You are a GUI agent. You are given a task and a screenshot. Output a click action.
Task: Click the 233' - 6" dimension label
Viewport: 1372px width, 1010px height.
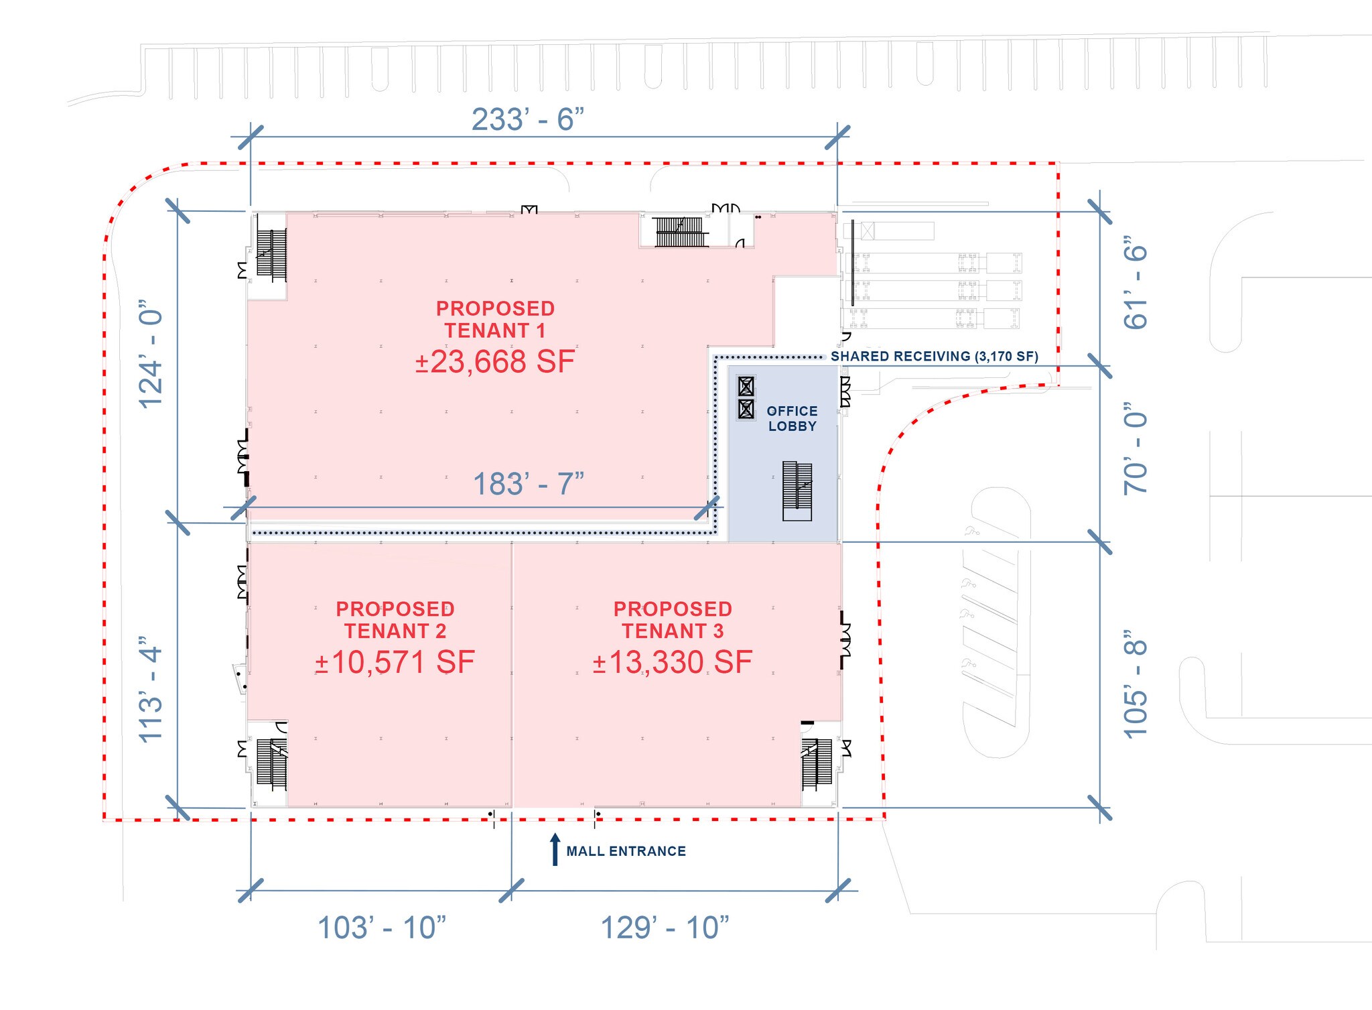point(527,120)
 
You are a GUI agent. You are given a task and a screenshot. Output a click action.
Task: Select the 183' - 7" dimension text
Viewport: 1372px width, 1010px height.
point(529,484)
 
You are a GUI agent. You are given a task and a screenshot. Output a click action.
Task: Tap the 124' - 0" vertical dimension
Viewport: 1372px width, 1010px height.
point(151,359)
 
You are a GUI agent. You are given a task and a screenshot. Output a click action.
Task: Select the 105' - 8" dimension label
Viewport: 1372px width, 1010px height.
point(1136,684)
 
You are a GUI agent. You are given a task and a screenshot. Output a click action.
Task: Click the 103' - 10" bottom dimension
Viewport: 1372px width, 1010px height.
point(381,928)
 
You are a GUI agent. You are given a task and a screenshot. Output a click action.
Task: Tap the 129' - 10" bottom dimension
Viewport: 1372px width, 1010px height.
point(665,928)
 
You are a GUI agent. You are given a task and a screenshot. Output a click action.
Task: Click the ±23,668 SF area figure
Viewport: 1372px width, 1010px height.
point(495,362)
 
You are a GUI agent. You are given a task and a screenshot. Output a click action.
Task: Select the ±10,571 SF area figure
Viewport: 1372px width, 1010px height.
point(395,662)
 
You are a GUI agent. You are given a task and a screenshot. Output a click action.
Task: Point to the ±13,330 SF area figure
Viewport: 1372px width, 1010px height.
point(672,662)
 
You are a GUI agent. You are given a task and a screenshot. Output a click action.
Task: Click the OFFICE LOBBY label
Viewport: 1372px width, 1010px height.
point(792,418)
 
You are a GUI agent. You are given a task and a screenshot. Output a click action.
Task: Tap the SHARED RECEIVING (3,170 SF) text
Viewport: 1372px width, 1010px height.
point(935,357)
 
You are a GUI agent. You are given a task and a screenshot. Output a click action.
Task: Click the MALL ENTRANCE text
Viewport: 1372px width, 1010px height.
point(626,851)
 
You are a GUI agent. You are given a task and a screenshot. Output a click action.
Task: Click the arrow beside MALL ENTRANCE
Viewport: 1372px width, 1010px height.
point(555,849)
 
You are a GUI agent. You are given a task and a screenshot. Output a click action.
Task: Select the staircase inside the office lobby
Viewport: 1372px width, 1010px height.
point(797,491)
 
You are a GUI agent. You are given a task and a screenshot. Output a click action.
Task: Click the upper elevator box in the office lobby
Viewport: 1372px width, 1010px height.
point(746,386)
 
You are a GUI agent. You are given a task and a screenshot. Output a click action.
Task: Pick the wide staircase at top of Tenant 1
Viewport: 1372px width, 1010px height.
point(681,231)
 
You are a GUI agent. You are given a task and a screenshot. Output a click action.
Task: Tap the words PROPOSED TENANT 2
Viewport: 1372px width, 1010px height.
point(395,620)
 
